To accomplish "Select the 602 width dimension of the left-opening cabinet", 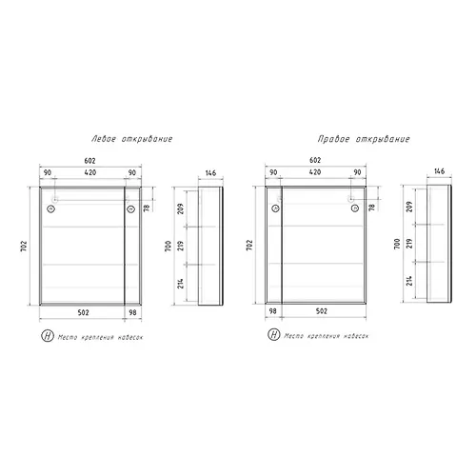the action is pos(89,161).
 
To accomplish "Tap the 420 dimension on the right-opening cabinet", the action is pos(315,172).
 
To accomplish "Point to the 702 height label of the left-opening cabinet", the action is pos(24,246).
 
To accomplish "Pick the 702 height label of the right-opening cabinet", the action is pos(249,246).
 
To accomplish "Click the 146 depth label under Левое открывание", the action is pos(210,173).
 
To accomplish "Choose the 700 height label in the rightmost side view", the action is pos(397,244).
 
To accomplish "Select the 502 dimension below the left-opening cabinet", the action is pos(83,312).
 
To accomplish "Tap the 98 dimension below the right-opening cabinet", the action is pos(273,311).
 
